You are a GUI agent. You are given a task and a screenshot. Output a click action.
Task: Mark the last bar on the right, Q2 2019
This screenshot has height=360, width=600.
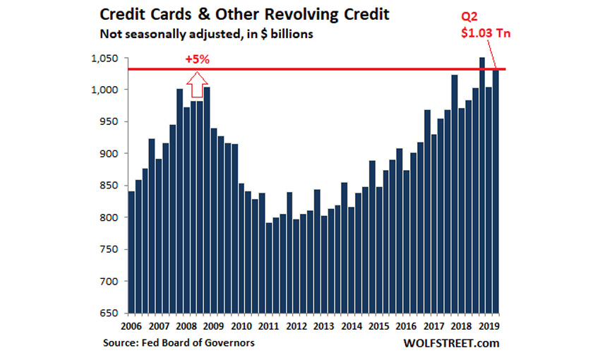click(x=496, y=191)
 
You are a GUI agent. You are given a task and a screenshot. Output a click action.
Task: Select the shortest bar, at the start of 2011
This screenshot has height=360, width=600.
click(x=269, y=268)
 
